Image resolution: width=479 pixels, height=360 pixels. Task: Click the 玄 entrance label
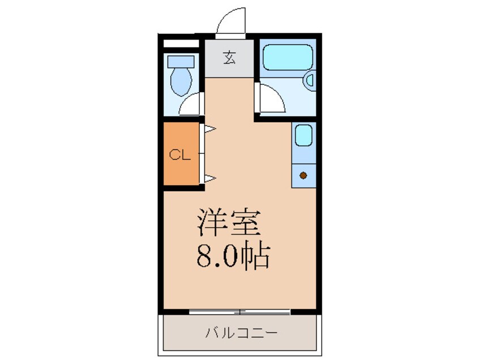[x=229, y=58]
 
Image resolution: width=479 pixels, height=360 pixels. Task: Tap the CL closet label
[x=180, y=155]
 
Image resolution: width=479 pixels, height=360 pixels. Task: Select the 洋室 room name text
[x=229, y=222]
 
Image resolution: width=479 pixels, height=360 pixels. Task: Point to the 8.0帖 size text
[x=233, y=256]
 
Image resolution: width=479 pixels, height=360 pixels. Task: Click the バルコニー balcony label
[x=241, y=332]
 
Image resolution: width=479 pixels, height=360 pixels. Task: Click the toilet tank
[x=181, y=61]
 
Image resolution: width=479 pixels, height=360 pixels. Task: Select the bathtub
[x=288, y=58]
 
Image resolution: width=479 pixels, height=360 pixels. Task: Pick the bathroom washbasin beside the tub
[x=310, y=80]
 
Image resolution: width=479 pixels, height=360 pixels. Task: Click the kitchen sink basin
[x=303, y=135]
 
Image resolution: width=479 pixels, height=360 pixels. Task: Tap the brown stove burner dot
[x=303, y=175]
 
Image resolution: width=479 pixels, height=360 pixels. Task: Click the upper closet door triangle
[x=210, y=129]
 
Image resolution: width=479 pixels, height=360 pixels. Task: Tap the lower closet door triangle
[x=210, y=178]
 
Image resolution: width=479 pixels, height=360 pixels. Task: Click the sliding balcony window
[x=239, y=312]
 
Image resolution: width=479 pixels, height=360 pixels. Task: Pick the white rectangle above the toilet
[x=181, y=44]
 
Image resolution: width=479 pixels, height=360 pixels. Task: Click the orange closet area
[x=181, y=153]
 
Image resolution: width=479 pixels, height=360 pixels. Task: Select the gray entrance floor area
[x=229, y=58]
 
